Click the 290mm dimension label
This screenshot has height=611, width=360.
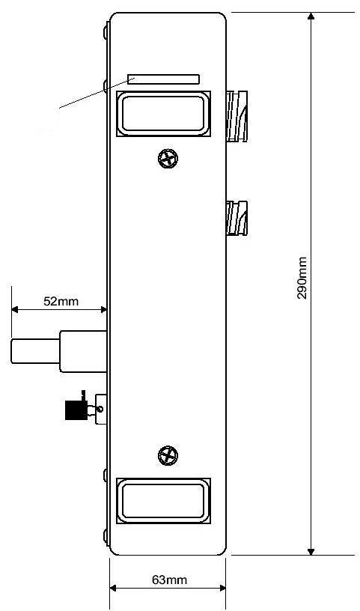[302, 278]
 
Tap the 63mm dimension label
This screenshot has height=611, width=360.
[169, 580]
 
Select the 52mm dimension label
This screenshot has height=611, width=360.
[61, 301]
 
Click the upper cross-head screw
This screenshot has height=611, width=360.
[168, 158]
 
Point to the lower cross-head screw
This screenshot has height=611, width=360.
[168, 455]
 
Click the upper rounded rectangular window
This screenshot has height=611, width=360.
[163, 114]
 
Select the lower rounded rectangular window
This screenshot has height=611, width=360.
[163, 501]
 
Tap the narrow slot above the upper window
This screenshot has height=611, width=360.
[164, 79]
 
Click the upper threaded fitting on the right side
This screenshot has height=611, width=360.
[237, 116]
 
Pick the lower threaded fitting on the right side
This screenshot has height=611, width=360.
[237, 218]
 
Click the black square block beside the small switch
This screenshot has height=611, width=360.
[76, 410]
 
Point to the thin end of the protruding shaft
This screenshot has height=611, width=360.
[35, 351]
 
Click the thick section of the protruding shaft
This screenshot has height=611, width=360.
[83, 351]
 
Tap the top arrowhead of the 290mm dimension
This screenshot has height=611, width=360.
[311, 16]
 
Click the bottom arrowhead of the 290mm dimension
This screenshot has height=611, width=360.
[311, 551]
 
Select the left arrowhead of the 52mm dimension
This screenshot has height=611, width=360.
[15, 310]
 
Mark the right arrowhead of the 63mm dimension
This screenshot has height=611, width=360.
[222, 588]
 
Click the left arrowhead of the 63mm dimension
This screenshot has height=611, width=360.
[113, 588]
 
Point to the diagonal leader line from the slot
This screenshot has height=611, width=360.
[97, 93]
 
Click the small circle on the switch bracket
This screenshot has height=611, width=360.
[101, 409]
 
